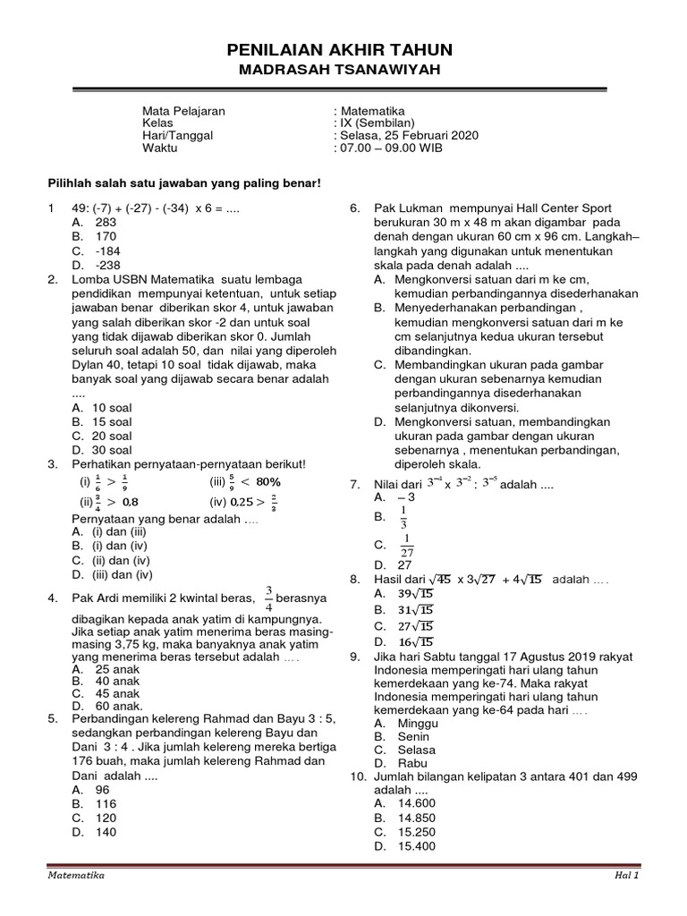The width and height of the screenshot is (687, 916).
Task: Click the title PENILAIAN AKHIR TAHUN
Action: coord(339,50)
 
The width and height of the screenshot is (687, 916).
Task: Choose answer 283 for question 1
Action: coord(106,222)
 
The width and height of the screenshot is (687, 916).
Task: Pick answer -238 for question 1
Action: coord(108,265)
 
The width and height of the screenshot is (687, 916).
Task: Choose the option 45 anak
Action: coord(116,693)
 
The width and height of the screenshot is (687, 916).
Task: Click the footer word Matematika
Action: coord(77,876)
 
